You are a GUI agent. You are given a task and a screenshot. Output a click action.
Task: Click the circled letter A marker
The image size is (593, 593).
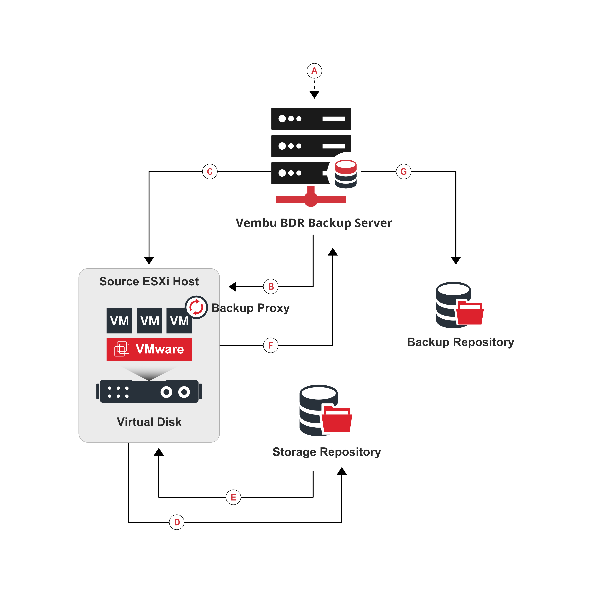point(314,71)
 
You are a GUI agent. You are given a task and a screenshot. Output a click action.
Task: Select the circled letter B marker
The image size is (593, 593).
point(271,287)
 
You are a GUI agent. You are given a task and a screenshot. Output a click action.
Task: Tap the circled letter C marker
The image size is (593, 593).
point(210,172)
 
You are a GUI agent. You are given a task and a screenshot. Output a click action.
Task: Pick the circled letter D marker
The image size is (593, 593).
point(177,522)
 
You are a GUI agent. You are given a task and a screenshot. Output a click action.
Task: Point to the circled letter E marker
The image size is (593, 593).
point(233,497)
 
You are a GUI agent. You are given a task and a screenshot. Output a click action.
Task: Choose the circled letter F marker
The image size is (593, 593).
point(271,345)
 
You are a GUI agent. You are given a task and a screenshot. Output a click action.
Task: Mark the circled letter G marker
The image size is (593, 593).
point(404,172)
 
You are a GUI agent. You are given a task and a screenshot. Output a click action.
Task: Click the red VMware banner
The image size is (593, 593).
point(149,349)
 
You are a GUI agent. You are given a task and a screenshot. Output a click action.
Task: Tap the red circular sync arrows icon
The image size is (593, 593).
point(196,307)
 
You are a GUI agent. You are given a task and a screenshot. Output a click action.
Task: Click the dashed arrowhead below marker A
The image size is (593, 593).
point(314,95)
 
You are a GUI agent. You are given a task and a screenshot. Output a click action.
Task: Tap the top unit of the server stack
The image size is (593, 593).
point(311,119)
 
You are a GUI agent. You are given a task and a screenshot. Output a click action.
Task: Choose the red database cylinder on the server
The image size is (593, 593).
point(346,167)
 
